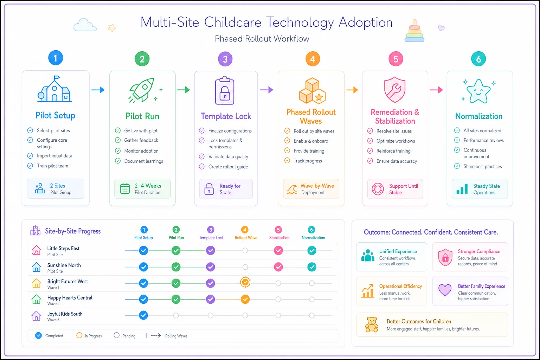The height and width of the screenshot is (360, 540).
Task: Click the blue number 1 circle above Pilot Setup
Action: pos(56,58)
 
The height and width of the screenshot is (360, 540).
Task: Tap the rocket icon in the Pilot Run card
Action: pos(142,90)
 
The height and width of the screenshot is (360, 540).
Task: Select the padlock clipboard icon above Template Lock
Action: pos(225,90)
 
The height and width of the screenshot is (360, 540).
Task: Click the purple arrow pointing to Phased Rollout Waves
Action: pos(266,90)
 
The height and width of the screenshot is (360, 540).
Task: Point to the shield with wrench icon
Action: pos(395,90)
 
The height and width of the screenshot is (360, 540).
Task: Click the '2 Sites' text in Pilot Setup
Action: pos(58,186)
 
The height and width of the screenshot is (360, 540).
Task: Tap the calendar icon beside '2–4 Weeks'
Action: pos(125,188)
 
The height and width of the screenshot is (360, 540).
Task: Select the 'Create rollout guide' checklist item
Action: pos(228,167)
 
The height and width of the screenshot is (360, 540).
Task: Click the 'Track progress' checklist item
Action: pos(308,161)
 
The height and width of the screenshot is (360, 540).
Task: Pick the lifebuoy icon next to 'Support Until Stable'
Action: pos(378,189)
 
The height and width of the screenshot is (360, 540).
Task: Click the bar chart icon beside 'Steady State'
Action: pos(462,189)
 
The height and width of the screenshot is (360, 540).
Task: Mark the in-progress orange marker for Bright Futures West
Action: pos(245,282)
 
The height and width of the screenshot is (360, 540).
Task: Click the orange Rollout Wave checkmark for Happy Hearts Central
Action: pos(245,299)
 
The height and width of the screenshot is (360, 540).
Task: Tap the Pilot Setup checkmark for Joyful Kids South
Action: pos(143,315)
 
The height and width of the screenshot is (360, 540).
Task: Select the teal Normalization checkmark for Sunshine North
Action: pos(312,267)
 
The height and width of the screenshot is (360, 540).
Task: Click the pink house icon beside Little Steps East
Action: pos(37,250)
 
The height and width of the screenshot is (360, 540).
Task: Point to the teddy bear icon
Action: pos(372,324)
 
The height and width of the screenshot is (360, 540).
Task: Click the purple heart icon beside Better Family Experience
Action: pos(445,290)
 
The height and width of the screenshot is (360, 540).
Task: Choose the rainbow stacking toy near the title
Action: pos(414,31)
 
